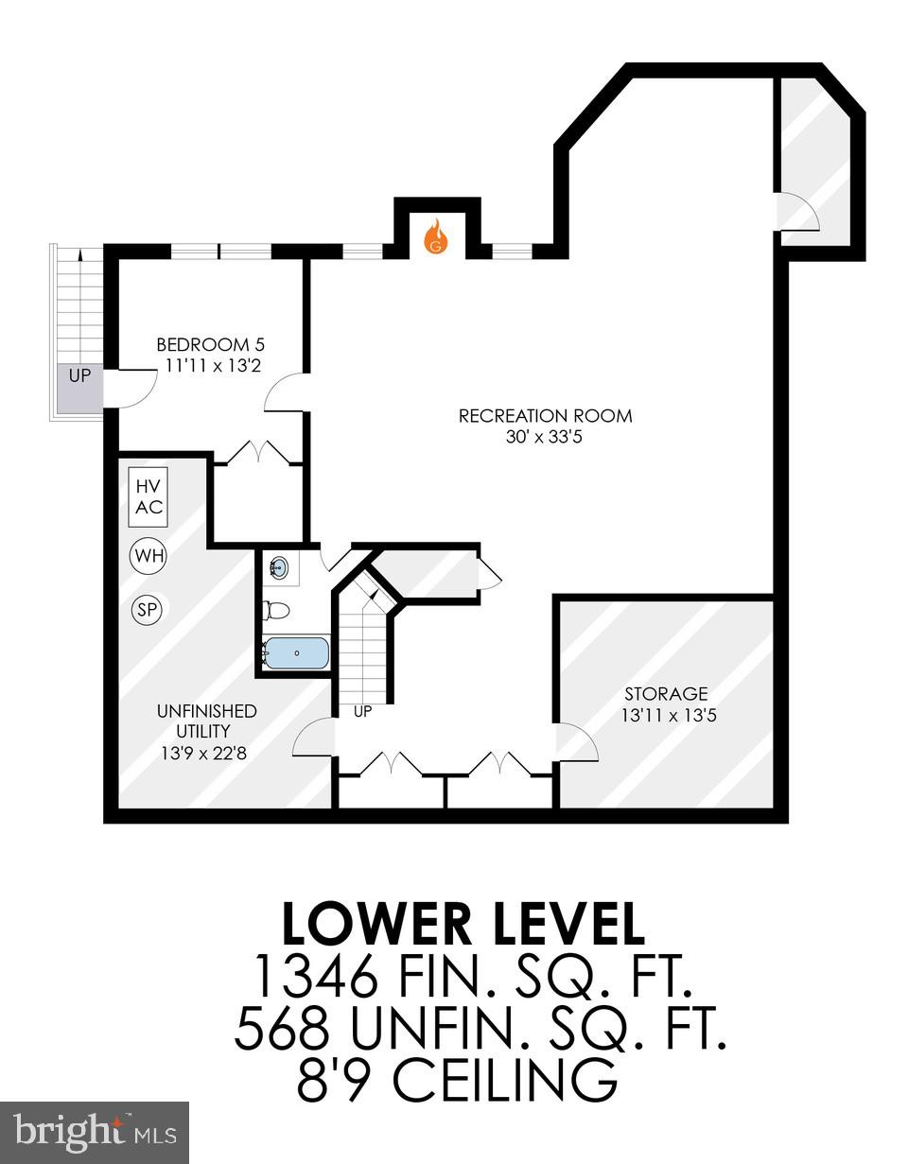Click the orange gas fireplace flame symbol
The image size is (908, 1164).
coord(435,236)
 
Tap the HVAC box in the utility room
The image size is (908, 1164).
coord(148,496)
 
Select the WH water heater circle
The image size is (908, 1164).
coord(148,555)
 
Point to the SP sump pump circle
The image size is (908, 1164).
coord(147,610)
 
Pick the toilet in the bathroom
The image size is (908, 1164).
coord(276,611)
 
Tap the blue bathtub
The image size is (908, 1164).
coord(297,652)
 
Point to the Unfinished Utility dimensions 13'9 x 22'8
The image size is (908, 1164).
coord(207,754)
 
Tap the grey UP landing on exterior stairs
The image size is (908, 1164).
coord(79,388)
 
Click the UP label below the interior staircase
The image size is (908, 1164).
coord(362,711)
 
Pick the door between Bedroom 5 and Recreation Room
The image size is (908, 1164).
coord(285,391)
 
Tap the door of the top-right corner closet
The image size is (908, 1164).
coord(796,211)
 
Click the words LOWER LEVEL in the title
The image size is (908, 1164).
coord(463,925)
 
